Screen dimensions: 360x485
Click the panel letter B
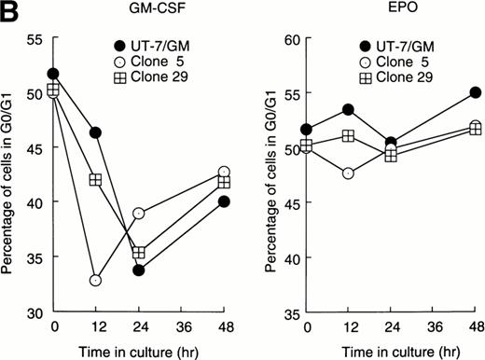tap(9, 10)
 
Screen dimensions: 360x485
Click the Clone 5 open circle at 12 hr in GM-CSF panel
tap(95, 281)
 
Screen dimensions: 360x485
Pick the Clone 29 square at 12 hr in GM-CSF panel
tap(95, 179)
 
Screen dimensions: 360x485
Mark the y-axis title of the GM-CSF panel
tap(10, 175)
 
